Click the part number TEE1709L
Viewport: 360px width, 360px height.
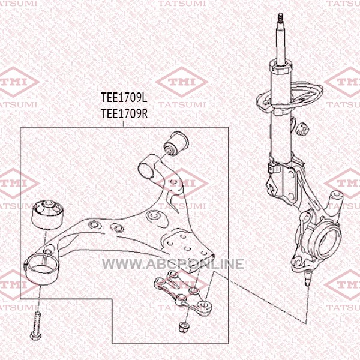124,98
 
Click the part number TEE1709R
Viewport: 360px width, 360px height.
124,113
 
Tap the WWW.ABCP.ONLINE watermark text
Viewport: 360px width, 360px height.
173,263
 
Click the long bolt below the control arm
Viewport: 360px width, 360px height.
36,325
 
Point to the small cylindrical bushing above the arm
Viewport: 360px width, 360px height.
176,143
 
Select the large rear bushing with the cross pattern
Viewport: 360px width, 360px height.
47,214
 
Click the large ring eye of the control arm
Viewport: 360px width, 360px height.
41,269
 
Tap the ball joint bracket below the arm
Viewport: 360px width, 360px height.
183,292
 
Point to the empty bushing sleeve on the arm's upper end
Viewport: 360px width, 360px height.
146,170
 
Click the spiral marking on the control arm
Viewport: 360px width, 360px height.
154,216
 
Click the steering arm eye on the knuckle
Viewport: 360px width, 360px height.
335,199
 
